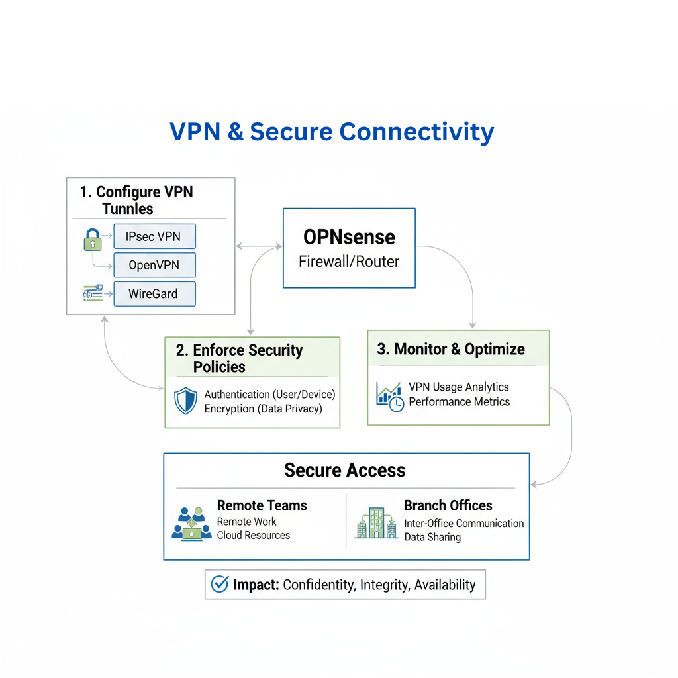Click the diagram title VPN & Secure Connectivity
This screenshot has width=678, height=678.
coord(332,131)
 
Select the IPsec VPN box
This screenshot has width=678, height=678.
coord(154,236)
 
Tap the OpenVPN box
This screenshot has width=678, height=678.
coord(154,266)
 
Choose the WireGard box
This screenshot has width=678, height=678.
coord(154,293)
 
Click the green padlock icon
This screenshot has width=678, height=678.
coord(93,239)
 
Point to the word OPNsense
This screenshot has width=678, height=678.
coord(349,237)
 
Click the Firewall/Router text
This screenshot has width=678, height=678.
coord(349,262)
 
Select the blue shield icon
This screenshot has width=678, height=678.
coord(185,401)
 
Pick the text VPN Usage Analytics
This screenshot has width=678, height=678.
coord(459,387)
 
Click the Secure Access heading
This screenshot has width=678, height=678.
coord(344,470)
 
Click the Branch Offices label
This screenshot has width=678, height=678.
coord(448,505)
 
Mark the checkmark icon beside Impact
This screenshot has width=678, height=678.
coord(219,584)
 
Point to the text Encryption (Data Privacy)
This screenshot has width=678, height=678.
coord(263,409)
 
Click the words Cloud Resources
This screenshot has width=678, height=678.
coord(254,535)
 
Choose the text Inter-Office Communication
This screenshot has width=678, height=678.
coord(464,523)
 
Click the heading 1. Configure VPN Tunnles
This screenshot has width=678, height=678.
coord(136,200)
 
